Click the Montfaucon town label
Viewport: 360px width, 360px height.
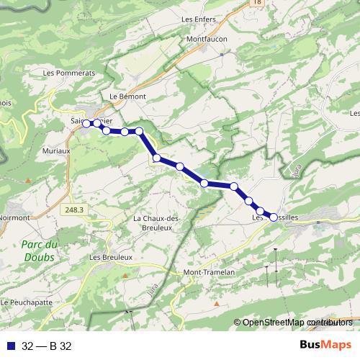click(x=207, y=38)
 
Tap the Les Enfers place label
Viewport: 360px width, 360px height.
click(x=199, y=19)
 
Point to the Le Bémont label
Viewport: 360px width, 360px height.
click(x=128, y=96)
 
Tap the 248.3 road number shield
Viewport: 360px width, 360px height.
click(x=73, y=210)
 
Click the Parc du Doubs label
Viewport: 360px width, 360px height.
click(x=59, y=250)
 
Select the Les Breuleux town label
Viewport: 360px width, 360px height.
click(x=111, y=257)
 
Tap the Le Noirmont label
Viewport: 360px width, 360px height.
click(x=14, y=217)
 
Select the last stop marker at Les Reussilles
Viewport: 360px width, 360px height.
click(x=274, y=217)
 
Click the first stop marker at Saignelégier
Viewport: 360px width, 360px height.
click(x=86, y=124)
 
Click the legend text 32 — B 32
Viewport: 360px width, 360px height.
click(x=46, y=346)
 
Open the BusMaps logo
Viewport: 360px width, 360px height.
click(x=325, y=346)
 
